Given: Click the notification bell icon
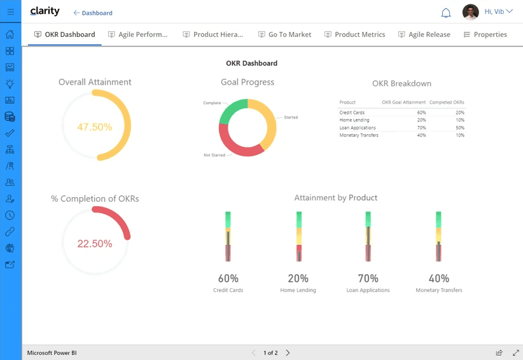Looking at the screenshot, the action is (x=446, y=13).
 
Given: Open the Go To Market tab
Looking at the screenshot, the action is (x=285, y=34).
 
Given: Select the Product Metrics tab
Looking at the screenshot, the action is (x=355, y=34).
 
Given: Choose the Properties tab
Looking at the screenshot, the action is (x=485, y=34).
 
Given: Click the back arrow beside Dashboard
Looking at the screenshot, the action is (x=76, y=13).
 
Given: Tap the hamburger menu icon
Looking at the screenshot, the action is (x=11, y=11).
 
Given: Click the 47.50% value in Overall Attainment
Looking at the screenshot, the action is (x=95, y=127).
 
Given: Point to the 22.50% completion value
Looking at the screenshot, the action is (x=95, y=244).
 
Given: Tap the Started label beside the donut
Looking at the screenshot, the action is (x=291, y=117).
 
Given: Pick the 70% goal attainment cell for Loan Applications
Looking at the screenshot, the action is (x=422, y=128).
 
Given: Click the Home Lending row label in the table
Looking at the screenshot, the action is (x=354, y=120).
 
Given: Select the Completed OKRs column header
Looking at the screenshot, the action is (x=447, y=102).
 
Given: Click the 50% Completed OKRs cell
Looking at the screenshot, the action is (x=460, y=128).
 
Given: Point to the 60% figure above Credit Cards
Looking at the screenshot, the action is (x=228, y=279).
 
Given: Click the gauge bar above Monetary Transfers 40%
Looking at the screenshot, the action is (x=438, y=237).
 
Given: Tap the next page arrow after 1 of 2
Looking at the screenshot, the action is (x=288, y=352).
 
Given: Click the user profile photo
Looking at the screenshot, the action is (x=471, y=12).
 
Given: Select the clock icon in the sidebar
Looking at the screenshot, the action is (x=10, y=215).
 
